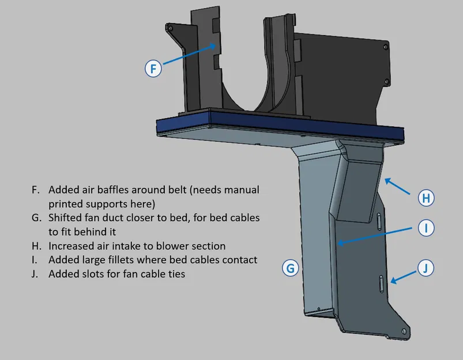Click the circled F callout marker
[x=153, y=69]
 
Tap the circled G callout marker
[x=291, y=268]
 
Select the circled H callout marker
[x=426, y=198]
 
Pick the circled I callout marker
[x=426, y=229]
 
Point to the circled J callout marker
[x=426, y=268]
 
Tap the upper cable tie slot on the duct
[x=379, y=220]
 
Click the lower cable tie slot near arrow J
[x=381, y=284]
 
